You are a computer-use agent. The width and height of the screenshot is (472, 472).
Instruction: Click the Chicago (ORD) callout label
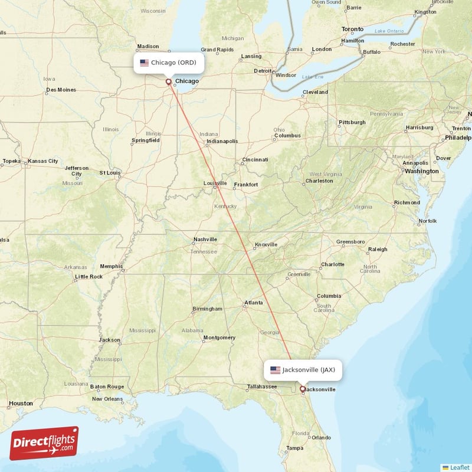tap(169, 63)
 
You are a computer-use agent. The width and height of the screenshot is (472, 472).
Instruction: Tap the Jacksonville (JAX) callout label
tap(303, 370)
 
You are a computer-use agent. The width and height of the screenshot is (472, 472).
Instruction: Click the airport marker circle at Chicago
tap(168, 82)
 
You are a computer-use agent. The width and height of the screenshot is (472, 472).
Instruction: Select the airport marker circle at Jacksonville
tap(303, 389)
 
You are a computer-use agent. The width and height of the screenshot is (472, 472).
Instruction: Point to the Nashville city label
tap(205, 239)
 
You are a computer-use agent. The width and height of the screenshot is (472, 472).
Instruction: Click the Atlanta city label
tap(254, 303)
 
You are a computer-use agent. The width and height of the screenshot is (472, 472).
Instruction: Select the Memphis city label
tap(111, 266)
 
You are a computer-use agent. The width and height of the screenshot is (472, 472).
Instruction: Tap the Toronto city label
tap(353, 29)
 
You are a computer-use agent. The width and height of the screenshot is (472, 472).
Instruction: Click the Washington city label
tap(421, 171)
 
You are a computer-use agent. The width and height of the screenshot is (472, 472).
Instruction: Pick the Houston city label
tap(21, 404)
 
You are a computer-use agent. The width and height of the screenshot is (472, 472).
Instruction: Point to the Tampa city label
tap(295, 448)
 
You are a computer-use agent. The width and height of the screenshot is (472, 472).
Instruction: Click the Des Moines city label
tap(61, 90)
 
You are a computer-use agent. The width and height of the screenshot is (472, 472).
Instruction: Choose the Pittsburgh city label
tap(352, 123)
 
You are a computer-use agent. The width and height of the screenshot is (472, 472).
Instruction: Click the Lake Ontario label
tap(388, 31)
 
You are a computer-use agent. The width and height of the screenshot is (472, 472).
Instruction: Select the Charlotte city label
tap(332, 264)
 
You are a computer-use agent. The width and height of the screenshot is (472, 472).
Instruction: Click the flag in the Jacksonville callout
tap(276, 370)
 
